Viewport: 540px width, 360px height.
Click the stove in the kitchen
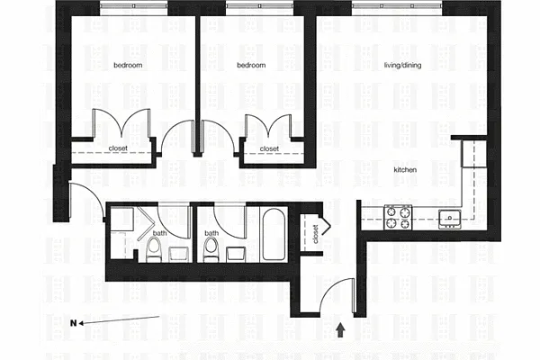(398, 217)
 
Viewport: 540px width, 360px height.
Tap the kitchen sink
(450, 219)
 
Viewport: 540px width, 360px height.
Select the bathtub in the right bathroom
(274, 234)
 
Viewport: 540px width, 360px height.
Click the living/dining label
(402, 65)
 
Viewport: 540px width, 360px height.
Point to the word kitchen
(405, 169)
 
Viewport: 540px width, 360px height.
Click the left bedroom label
(128, 65)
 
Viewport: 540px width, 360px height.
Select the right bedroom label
(251, 65)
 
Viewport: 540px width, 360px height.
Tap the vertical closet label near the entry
(316, 234)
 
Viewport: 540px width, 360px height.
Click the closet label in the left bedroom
(118, 148)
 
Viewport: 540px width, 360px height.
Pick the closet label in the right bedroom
(269, 148)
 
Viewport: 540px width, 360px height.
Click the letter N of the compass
(74, 323)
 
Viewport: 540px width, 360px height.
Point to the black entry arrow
(340, 330)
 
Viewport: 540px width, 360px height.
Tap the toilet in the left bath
(153, 250)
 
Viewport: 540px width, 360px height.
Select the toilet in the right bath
(210, 250)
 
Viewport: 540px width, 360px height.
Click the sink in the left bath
(179, 254)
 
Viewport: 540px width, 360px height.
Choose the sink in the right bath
(236, 254)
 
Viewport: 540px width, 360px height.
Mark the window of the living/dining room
(397, 6)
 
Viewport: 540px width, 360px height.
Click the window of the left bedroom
(134, 6)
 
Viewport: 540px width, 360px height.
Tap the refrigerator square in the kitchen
(474, 154)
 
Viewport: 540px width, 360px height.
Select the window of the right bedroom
(260, 6)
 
